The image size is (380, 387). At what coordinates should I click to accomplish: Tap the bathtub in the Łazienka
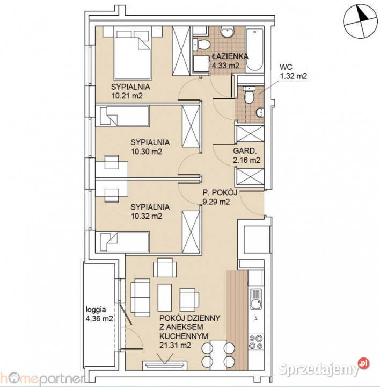click(254, 49)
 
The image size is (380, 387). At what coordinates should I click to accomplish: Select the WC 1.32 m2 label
click(293, 72)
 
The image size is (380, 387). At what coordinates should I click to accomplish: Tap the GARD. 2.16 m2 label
click(246, 155)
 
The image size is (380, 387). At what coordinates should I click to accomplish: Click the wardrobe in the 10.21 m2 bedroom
click(181, 52)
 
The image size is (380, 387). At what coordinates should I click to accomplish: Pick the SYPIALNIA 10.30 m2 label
click(150, 147)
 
